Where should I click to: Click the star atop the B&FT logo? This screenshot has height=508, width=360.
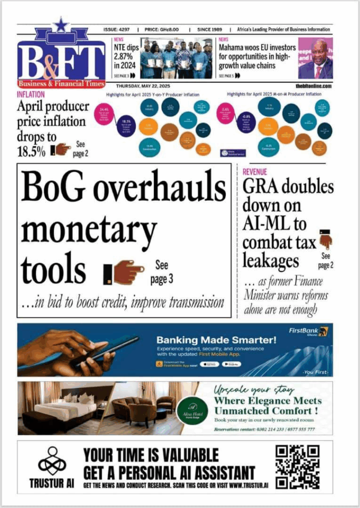(x=61, y=25)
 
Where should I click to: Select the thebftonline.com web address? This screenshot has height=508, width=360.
(x=313, y=86)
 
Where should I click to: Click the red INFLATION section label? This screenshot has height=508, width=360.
(x=31, y=94)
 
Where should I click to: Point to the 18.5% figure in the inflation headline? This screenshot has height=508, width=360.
(x=31, y=151)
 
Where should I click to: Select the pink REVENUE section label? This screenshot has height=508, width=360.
(x=255, y=172)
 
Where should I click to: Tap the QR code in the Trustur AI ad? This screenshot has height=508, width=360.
(x=297, y=467)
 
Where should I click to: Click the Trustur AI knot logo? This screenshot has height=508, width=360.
(x=52, y=460)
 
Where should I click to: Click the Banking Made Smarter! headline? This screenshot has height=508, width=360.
(x=216, y=340)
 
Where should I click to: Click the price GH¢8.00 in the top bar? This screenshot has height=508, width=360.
(x=164, y=30)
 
